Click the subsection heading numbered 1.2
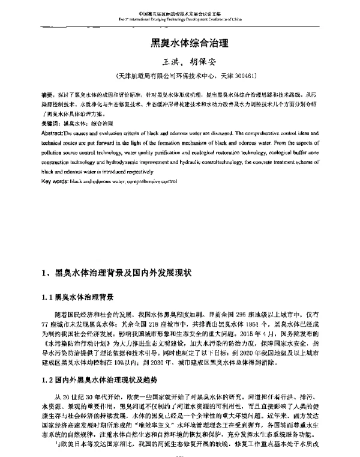(98, 380)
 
